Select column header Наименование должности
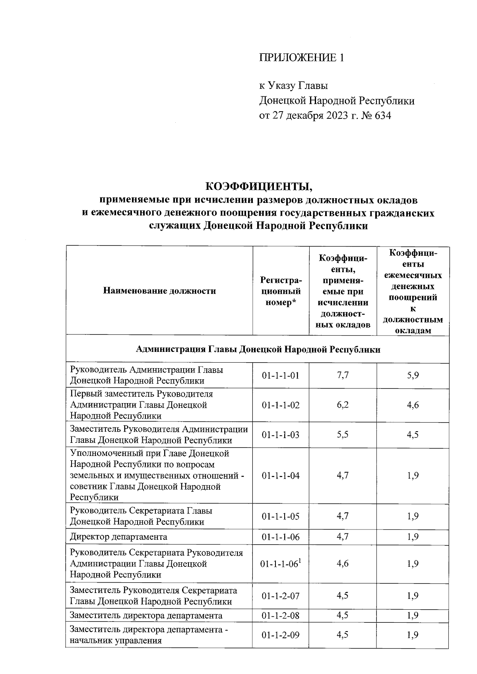click(x=159, y=291)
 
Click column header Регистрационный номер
click(x=280, y=291)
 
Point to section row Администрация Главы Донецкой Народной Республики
click(x=258, y=350)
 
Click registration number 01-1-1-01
click(x=280, y=375)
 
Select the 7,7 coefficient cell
click(x=342, y=375)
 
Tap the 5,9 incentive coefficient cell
click(x=413, y=375)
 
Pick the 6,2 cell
click(x=342, y=405)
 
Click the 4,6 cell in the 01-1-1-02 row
click(x=413, y=405)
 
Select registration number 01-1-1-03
click(x=280, y=435)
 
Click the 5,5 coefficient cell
click(x=342, y=435)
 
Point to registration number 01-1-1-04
click(x=280, y=475)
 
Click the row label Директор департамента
click(x=118, y=537)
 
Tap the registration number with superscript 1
click(x=280, y=564)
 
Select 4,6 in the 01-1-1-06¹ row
click(x=342, y=564)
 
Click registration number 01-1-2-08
click(x=280, y=616)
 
